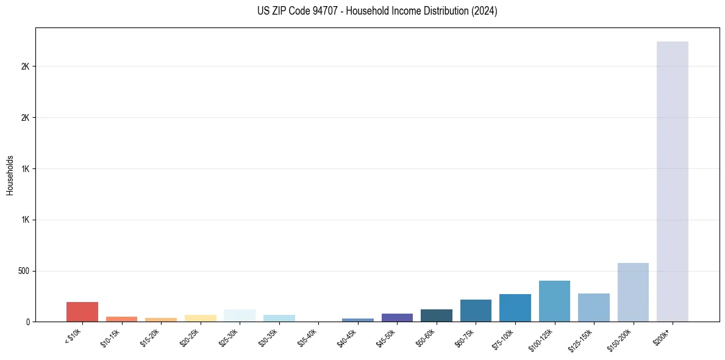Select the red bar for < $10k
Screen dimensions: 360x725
coord(82,312)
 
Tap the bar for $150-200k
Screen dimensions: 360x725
coord(633,292)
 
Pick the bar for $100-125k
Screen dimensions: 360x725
coord(554,301)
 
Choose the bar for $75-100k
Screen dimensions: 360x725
coord(515,308)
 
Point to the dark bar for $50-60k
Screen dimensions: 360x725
coord(436,315)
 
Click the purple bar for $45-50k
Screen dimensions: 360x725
coord(397,317)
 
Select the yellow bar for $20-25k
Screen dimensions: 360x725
coord(200,318)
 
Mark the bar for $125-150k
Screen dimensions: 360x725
coord(593,308)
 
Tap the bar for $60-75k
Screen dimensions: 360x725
coord(476,311)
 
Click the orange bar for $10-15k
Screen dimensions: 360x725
coord(121,319)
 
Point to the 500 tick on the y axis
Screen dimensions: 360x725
coord(24,271)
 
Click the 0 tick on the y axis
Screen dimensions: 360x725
coord(28,322)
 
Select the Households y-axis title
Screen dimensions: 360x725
coord(10,175)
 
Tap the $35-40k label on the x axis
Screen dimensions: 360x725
coord(308,337)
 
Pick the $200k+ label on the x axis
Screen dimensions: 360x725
coord(664,336)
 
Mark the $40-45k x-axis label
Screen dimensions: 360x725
coord(348,337)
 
